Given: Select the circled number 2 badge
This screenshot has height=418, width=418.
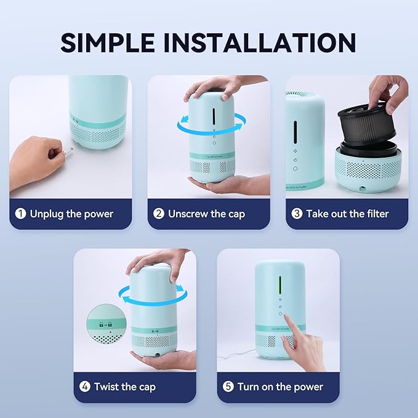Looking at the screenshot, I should pos(159,214).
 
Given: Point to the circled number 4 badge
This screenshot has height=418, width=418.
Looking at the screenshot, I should pos(85,387).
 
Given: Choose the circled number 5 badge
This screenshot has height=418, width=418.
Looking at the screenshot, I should pos(228,387).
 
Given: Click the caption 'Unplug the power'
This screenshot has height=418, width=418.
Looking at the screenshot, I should pos(73,214).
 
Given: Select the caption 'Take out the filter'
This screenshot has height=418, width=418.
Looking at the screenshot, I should pos(348,214).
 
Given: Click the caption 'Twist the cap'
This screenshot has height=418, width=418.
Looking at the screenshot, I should pos(125,387).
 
